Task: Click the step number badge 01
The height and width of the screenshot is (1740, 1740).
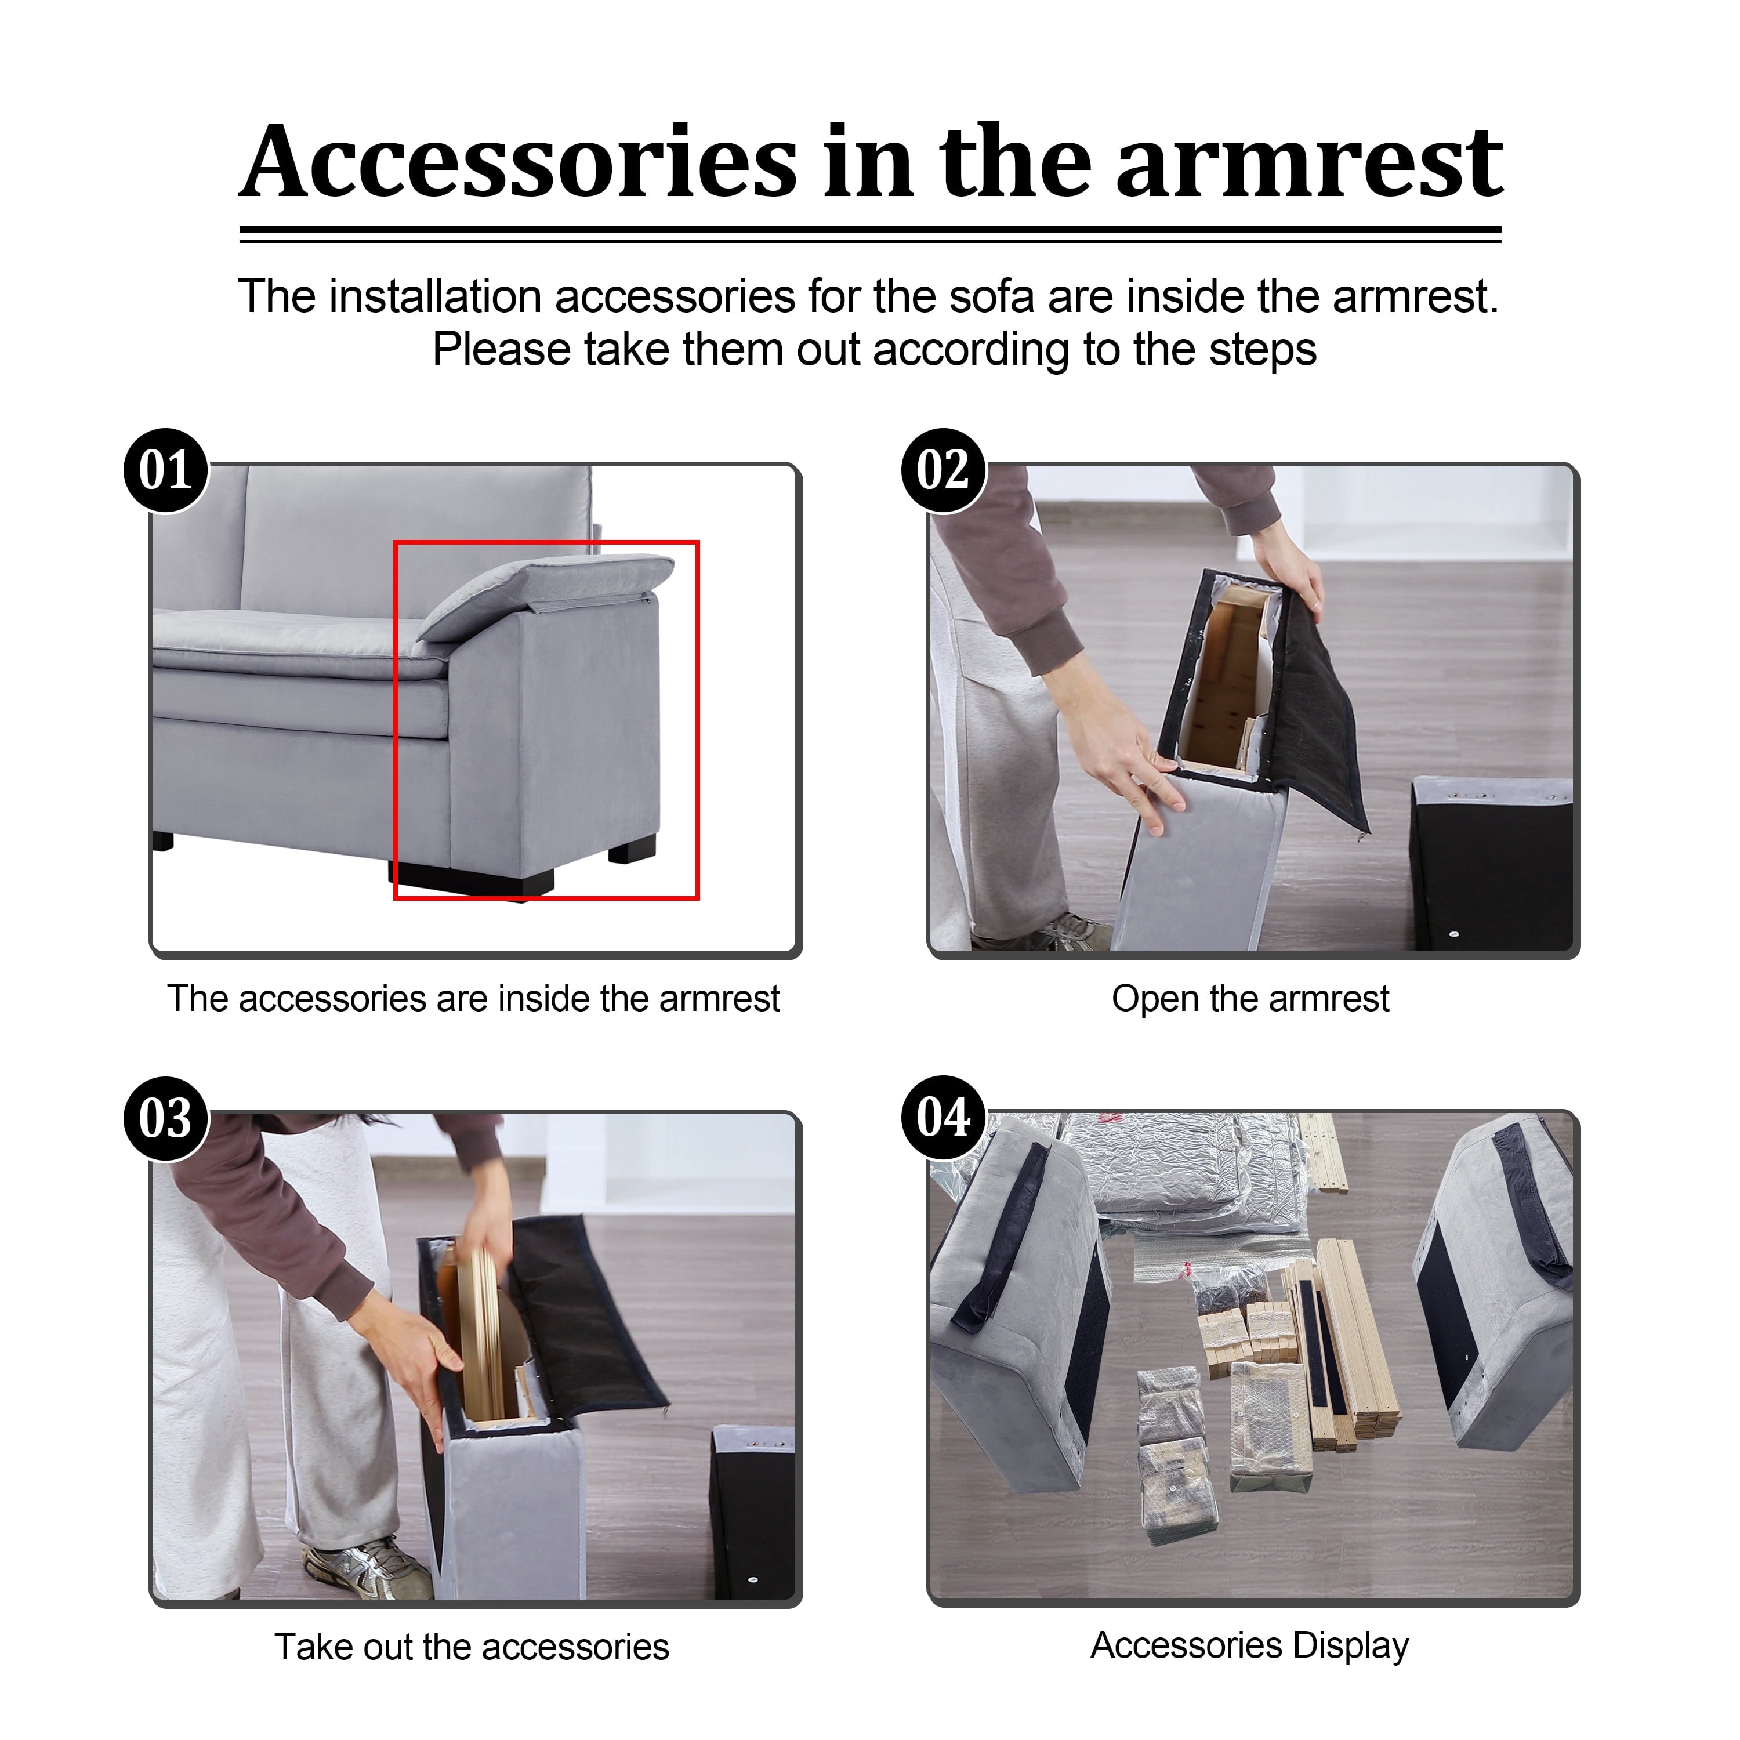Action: pos(166,470)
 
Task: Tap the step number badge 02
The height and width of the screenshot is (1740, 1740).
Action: pos(944,470)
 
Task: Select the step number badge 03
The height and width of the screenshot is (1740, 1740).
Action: pos(166,1119)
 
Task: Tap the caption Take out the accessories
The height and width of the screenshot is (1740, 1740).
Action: pos(472,1647)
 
